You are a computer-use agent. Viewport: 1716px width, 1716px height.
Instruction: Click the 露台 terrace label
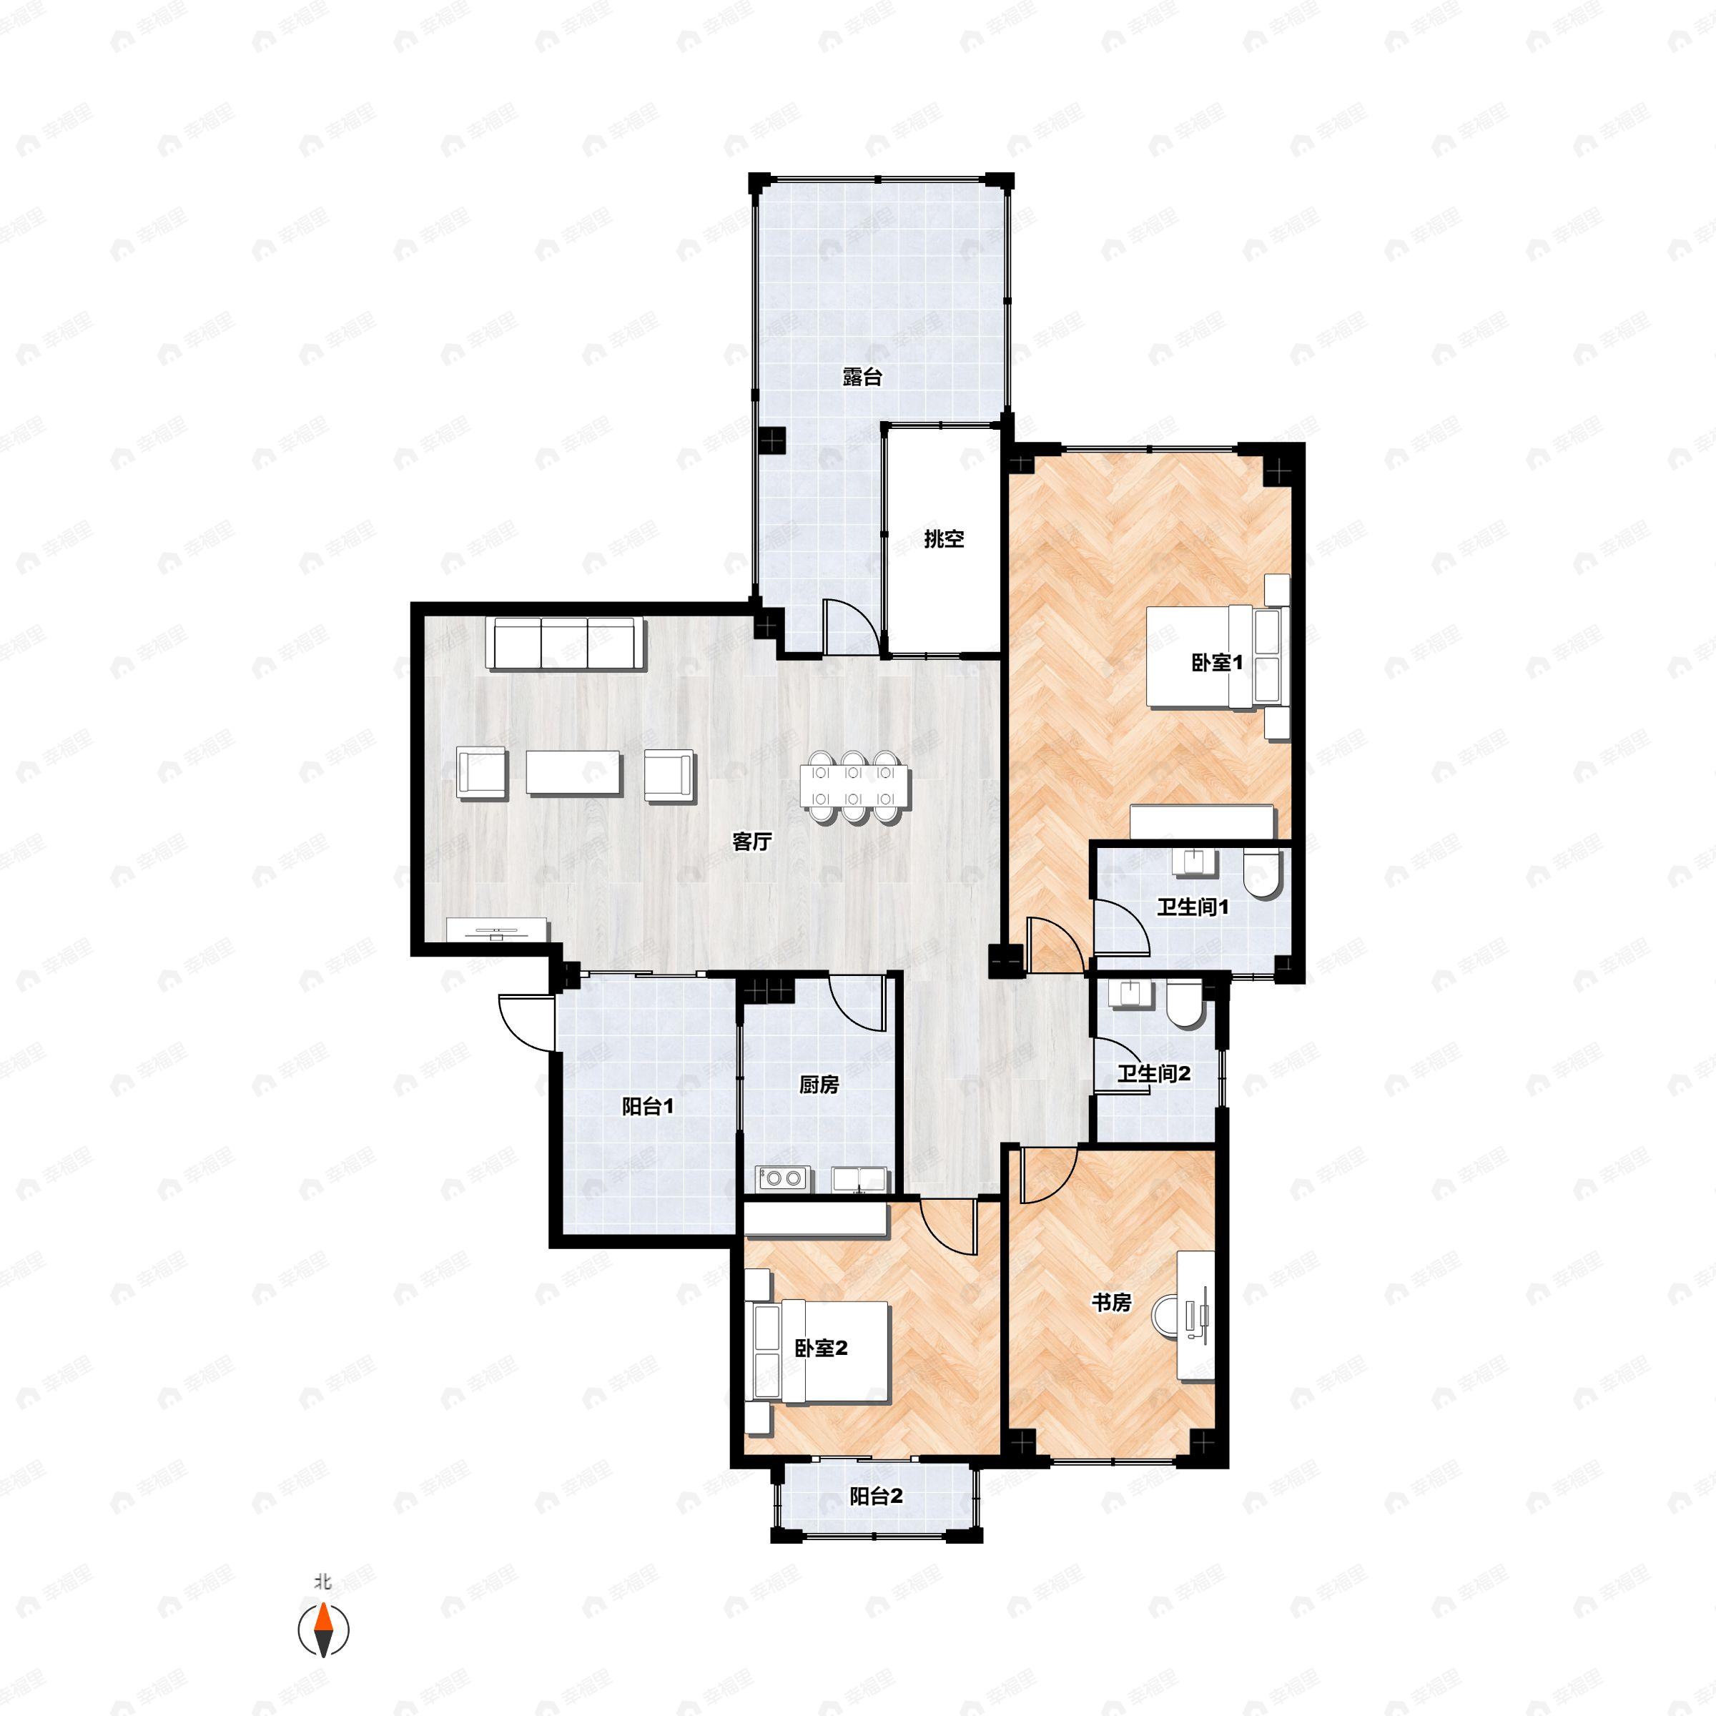pos(862,377)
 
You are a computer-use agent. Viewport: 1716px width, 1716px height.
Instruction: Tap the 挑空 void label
pos(943,538)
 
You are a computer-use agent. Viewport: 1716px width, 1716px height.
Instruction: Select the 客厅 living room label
pos(751,841)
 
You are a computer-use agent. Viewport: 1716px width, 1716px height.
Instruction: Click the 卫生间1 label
pos(1192,908)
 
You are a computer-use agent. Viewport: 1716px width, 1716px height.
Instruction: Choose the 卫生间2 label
pos(1153,1074)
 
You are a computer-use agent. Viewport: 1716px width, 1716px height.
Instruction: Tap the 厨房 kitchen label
pos(818,1085)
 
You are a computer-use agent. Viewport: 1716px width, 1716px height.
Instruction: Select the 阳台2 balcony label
pos(876,1496)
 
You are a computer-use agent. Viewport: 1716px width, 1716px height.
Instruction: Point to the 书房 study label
pos(1111,1303)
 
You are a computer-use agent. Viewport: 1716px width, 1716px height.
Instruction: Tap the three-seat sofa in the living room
pos(565,644)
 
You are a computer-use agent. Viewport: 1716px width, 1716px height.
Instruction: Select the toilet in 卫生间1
pos(1261,872)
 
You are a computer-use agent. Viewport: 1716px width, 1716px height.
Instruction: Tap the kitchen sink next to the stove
pos(859,1178)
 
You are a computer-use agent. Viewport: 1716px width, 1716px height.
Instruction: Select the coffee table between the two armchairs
pos(573,773)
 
